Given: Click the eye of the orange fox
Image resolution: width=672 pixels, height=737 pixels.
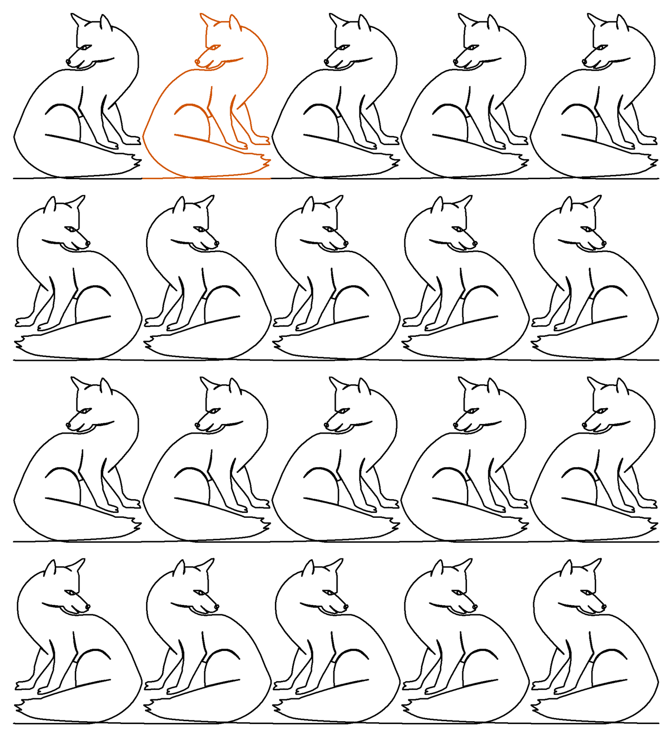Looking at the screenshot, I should tap(214, 47).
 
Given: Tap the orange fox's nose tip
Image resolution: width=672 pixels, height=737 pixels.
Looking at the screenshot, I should tap(197, 61).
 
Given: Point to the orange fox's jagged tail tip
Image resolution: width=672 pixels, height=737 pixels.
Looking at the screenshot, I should tap(267, 161).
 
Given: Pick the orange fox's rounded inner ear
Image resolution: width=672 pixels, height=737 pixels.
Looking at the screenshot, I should tap(235, 23).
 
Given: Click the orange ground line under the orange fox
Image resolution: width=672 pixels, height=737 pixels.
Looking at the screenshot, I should tap(206, 178).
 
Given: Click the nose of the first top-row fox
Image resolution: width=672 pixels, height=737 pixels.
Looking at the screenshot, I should tap(68, 61).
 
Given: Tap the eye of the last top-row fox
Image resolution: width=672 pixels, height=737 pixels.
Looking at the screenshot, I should tap(601, 47).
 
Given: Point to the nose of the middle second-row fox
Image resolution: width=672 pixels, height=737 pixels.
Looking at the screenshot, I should tap(346, 243).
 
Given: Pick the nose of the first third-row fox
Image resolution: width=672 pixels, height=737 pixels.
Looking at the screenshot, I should tap(68, 425).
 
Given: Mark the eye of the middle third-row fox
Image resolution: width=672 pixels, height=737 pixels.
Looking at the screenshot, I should tap(343, 410).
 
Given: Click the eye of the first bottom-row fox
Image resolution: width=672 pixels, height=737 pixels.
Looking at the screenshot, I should tap(71, 592).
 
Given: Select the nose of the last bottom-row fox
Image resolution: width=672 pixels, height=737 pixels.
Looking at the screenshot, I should tap(604, 607).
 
